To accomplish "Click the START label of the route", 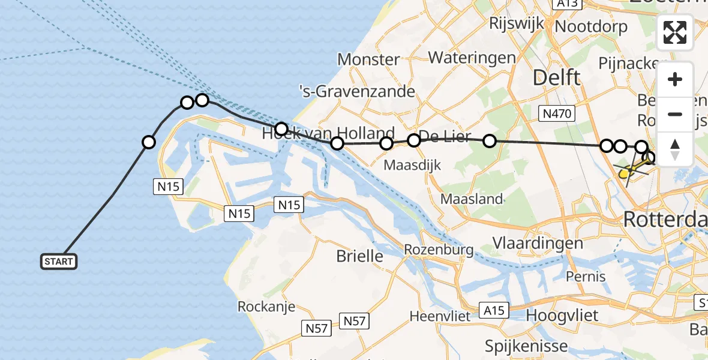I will (x=59, y=262).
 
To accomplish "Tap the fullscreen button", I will (x=675, y=32).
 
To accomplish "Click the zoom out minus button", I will (x=675, y=115).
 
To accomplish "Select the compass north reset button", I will (x=675, y=149).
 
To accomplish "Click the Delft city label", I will (x=557, y=77).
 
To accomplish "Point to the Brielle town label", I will (x=359, y=256).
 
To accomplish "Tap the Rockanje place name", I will (x=266, y=307).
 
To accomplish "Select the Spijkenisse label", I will (x=527, y=346).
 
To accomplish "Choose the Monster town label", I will (x=368, y=59).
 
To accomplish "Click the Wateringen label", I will (x=472, y=58).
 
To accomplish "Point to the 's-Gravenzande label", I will (x=357, y=91).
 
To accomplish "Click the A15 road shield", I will (x=494, y=310).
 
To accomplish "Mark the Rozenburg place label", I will (x=439, y=250).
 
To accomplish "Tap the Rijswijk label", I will (x=517, y=23).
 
